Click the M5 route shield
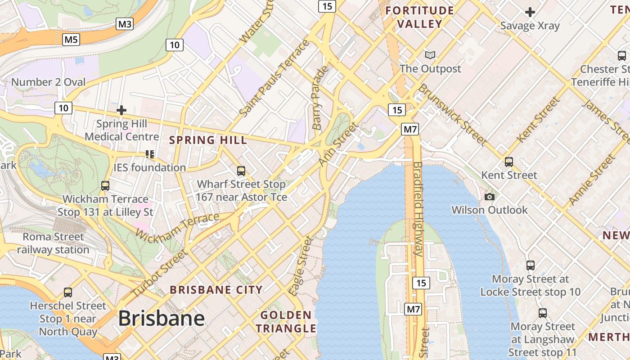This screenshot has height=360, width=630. tap(71, 40)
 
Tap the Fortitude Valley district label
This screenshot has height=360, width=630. tap(419, 17)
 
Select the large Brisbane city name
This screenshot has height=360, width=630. tap(161, 319)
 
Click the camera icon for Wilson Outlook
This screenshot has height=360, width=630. tap(490, 197)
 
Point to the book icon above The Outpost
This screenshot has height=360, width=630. tap(430, 55)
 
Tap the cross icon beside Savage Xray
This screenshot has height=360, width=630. tap(530, 12)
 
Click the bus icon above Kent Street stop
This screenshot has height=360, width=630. tap(509, 162)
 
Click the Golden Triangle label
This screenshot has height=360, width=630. tap(286, 322)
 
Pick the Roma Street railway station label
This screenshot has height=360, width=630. tap(53, 243)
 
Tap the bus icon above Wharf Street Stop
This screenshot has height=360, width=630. tap(241, 171)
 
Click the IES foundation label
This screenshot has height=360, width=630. tap(149, 167)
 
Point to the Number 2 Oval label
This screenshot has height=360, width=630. tap(48, 82)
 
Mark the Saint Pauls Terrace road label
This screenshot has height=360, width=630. tap(274, 78)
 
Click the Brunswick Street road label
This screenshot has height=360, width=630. tap(452, 114)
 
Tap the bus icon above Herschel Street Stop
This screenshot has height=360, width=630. tap(68, 292)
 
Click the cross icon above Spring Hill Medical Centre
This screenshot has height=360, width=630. tap(121, 110)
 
